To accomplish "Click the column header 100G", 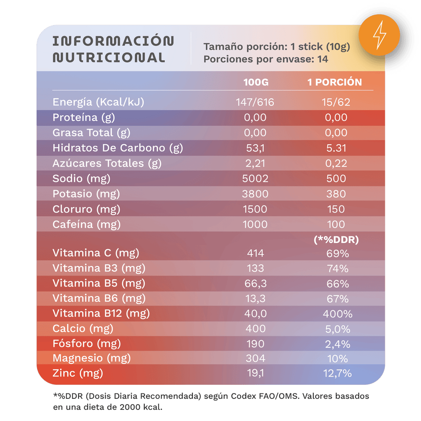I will click(x=256, y=82).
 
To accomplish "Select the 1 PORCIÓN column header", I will click(x=335, y=82).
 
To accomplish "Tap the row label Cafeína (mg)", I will click(x=86, y=224).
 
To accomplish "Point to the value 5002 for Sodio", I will click(x=255, y=178).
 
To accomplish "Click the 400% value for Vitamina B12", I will click(x=337, y=314).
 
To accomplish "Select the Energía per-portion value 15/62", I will click(x=336, y=102).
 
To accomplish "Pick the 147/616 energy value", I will click(x=255, y=102).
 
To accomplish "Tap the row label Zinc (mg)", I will click(x=78, y=373).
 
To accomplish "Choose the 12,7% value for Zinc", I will click(x=337, y=373).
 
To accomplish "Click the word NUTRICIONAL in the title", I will click(x=109, y=58).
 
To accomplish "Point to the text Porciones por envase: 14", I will click(x=266, y=59).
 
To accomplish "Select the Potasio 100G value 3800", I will click(x=255, y=194).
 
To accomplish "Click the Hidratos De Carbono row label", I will click(x=118, y=148).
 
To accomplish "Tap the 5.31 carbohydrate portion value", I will click(x=336, y=148).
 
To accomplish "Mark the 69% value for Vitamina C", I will click(x=337, y=253).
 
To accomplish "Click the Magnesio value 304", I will click(x=255, y=358).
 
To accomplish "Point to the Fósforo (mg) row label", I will click(x=87, y=343).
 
